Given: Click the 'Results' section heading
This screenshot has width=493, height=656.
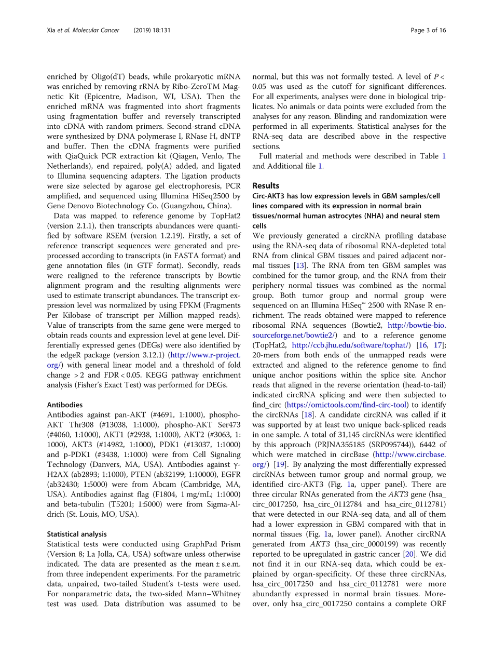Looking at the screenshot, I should (266, 185).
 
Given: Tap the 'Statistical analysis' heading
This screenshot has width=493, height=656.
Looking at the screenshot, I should (77, 534).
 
